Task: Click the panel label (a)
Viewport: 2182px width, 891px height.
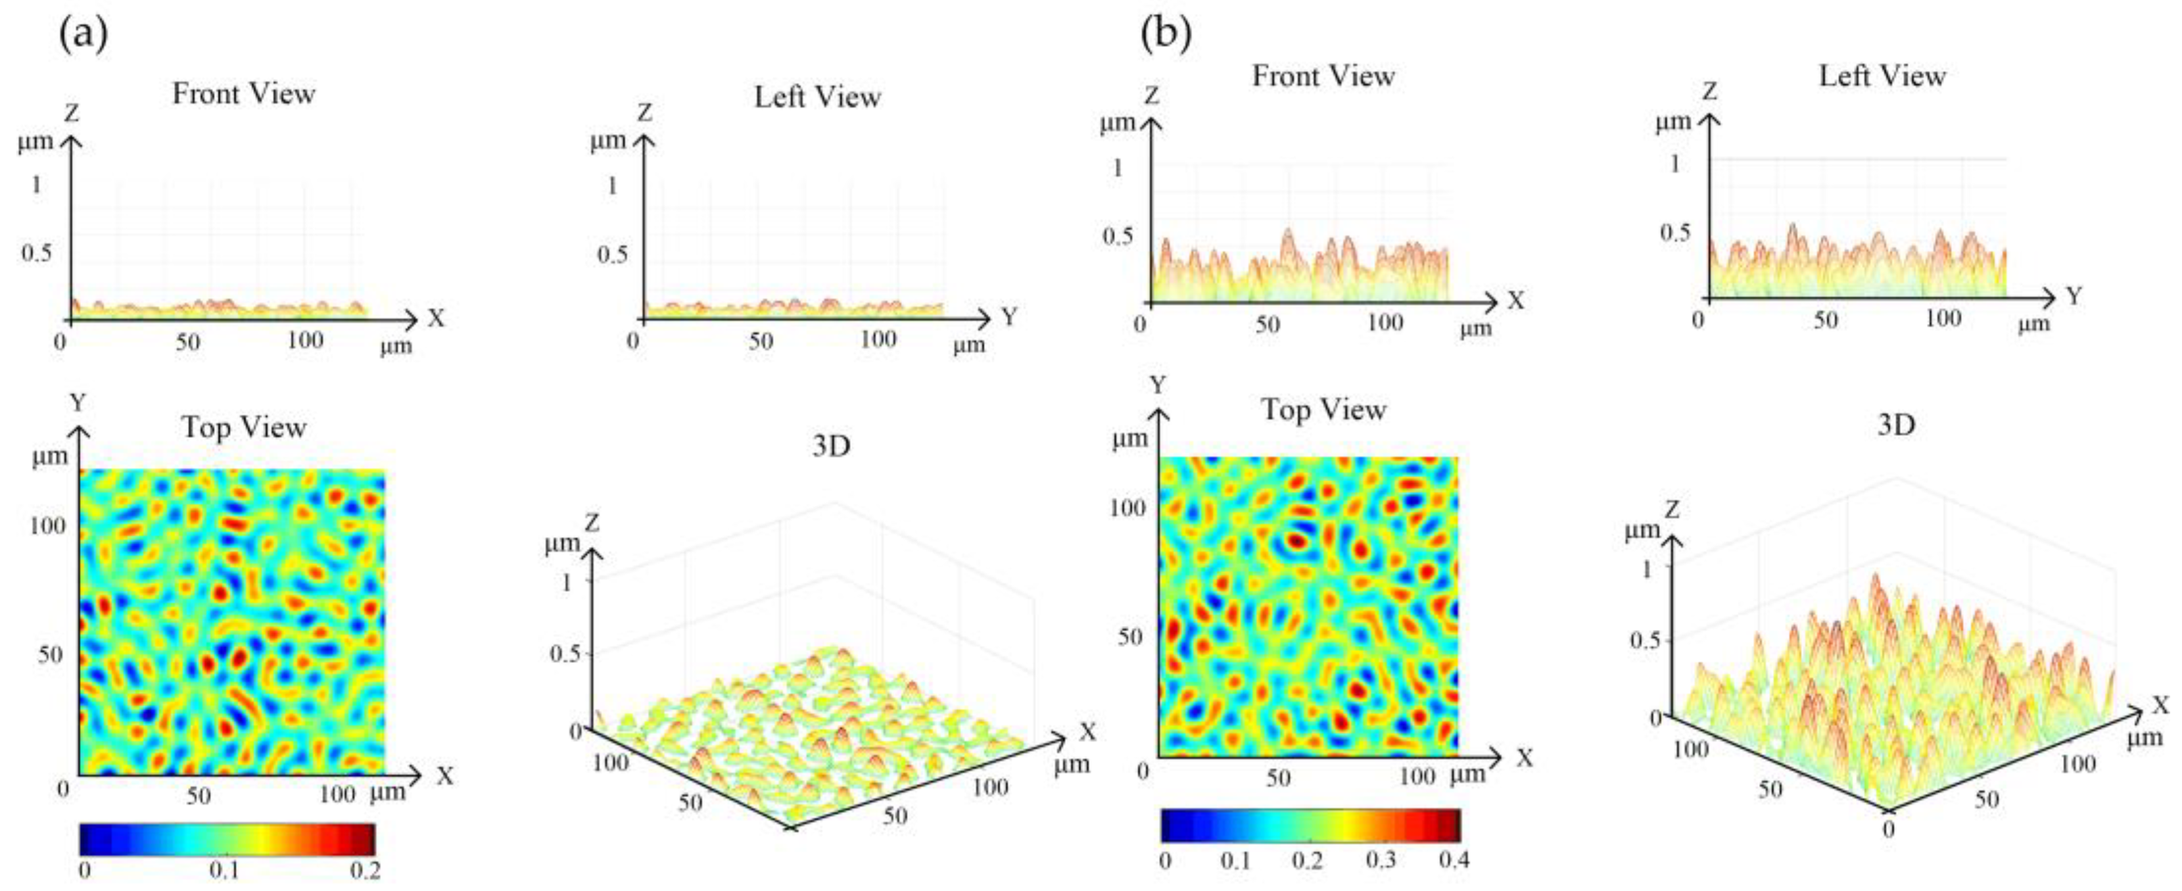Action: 83,36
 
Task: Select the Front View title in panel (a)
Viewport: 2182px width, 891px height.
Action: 244,93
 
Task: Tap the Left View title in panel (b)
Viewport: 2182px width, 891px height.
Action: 1882,76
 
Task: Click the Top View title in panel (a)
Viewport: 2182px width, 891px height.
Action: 244,427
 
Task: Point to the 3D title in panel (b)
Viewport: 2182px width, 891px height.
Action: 1896,425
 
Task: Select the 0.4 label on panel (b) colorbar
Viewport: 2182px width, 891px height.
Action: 1454,861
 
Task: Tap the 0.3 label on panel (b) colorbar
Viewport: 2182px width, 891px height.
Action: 1381,861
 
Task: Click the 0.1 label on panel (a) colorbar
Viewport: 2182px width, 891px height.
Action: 224,871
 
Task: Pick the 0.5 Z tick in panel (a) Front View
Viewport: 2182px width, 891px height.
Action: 36,253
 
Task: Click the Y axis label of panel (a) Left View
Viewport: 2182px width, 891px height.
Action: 1009,318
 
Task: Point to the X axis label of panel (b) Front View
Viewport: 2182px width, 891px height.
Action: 1516,300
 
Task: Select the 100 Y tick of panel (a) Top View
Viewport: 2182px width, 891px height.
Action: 47,525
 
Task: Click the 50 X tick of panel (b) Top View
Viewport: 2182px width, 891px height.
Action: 1277,777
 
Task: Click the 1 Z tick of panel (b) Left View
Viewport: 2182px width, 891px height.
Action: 1674,164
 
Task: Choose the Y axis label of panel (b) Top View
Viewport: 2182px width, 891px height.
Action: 1157,385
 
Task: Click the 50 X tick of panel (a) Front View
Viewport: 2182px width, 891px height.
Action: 187,341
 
